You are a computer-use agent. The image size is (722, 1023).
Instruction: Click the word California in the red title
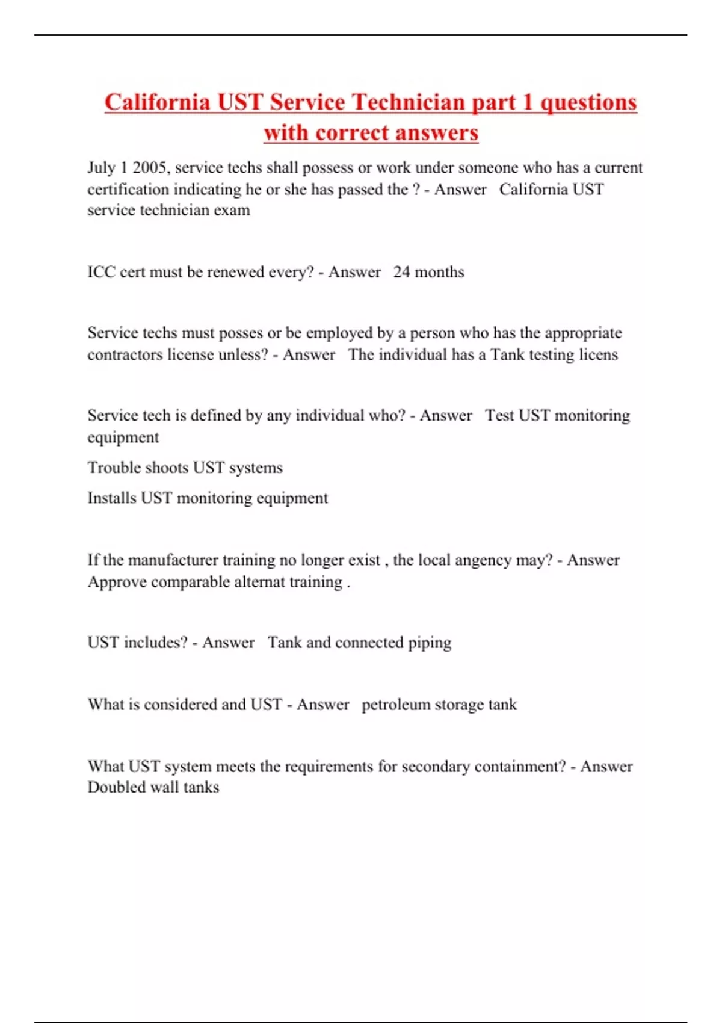(x=157, y=102)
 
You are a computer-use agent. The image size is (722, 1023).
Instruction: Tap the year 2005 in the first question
(x=150, y=167)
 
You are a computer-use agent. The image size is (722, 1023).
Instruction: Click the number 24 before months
(x=401, y=272)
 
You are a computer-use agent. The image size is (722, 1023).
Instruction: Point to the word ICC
(x=101, y=272)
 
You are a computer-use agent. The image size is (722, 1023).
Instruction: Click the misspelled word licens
(x=598, y=354)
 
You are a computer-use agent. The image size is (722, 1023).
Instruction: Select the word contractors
(x=125, y=354)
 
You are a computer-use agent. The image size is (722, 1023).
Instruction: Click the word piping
(x=430, y=643)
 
